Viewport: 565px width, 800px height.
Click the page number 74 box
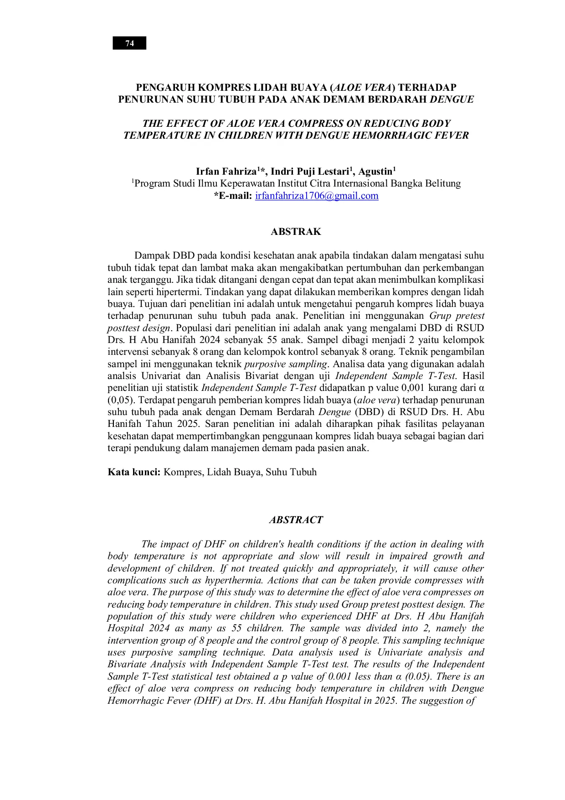(x=129, y=43)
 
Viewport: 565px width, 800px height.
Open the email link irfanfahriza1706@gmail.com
(x=317, y=196)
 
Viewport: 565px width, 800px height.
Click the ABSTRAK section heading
(x=296, y=232)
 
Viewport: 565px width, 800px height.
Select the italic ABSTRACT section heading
(x=296, y=520)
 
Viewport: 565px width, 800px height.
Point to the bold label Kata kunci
(x=134, y=472)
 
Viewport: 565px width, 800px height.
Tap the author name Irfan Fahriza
(x=226, y=171)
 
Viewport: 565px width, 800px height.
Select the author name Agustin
(x=375, y=171)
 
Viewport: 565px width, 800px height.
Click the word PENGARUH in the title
(x=165, y=88)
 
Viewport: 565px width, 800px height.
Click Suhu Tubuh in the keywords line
(x=291, y=472)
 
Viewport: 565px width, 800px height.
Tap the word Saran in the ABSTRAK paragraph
(x=218, y=424)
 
